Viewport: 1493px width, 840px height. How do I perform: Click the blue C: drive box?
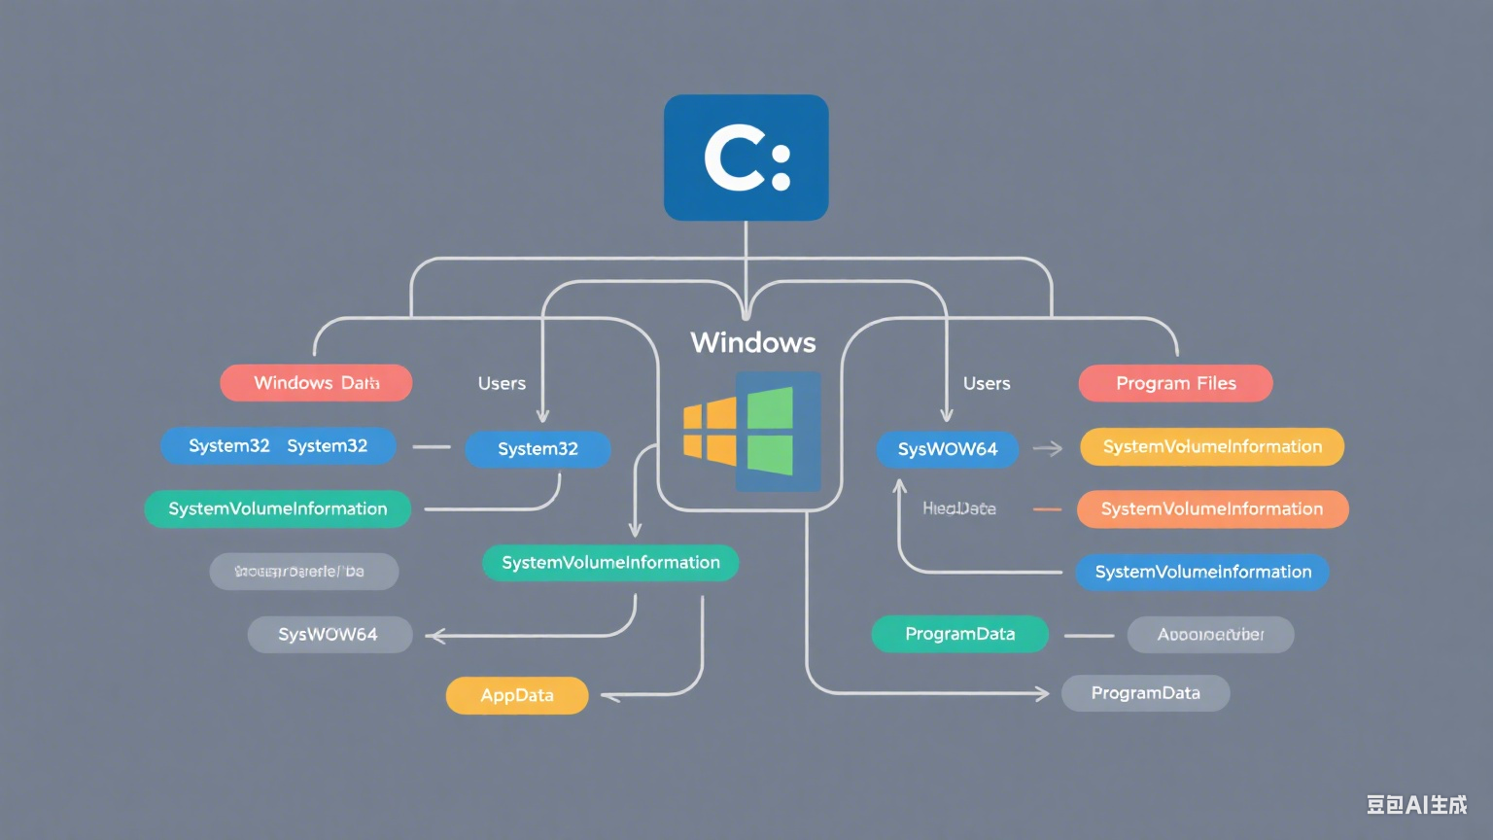(746, 157)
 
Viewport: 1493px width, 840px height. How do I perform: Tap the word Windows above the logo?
(752, 342)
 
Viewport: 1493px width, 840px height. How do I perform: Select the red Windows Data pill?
(316, 383)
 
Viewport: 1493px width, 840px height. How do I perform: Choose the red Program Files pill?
(1175, 383)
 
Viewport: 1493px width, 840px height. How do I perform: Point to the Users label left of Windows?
(502, 384)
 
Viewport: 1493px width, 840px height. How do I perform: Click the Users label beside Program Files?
(987, 384)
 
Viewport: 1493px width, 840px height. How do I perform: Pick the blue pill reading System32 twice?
(278, 446)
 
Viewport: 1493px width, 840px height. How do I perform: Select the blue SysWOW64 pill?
(947, 449)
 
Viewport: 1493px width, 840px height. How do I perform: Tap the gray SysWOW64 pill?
(330, 635)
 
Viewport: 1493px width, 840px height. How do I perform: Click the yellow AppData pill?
(517, 696)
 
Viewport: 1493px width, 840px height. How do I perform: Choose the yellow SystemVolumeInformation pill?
(1211, 447)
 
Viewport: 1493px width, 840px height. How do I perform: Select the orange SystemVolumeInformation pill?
(1212, 509)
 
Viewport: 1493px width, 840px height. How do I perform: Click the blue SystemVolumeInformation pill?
(1202, 573)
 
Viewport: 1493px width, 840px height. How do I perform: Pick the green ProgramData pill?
(959, 634)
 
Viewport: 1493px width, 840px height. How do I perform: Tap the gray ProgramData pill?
(1145, 693)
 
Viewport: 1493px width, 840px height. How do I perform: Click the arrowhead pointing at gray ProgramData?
(1042, 693)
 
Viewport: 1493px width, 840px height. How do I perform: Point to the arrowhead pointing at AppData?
(608, 696)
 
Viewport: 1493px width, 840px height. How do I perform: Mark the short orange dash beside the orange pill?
(1047, 509)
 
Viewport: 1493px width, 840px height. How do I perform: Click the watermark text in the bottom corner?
(1415, 804)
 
